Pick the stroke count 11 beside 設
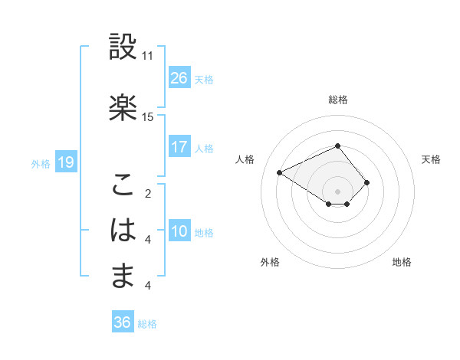tap(148, 57)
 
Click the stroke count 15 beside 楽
tap(148, 117)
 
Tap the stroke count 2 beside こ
tap(148, 195)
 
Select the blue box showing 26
tap(179, 78)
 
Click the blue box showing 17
tap(179, 147)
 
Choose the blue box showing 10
tap(179, 231)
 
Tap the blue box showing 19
tap(65, 162)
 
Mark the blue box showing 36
tap(123, 322)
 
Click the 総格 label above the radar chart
tap(338, 100)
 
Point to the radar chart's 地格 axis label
tap(402, 262)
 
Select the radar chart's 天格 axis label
tap(431, 159)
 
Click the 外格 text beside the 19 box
tap(41, 163)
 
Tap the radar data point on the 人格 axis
tap(280, 172)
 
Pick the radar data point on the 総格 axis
tap(337, 146)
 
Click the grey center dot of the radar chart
tap(337, 190)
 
